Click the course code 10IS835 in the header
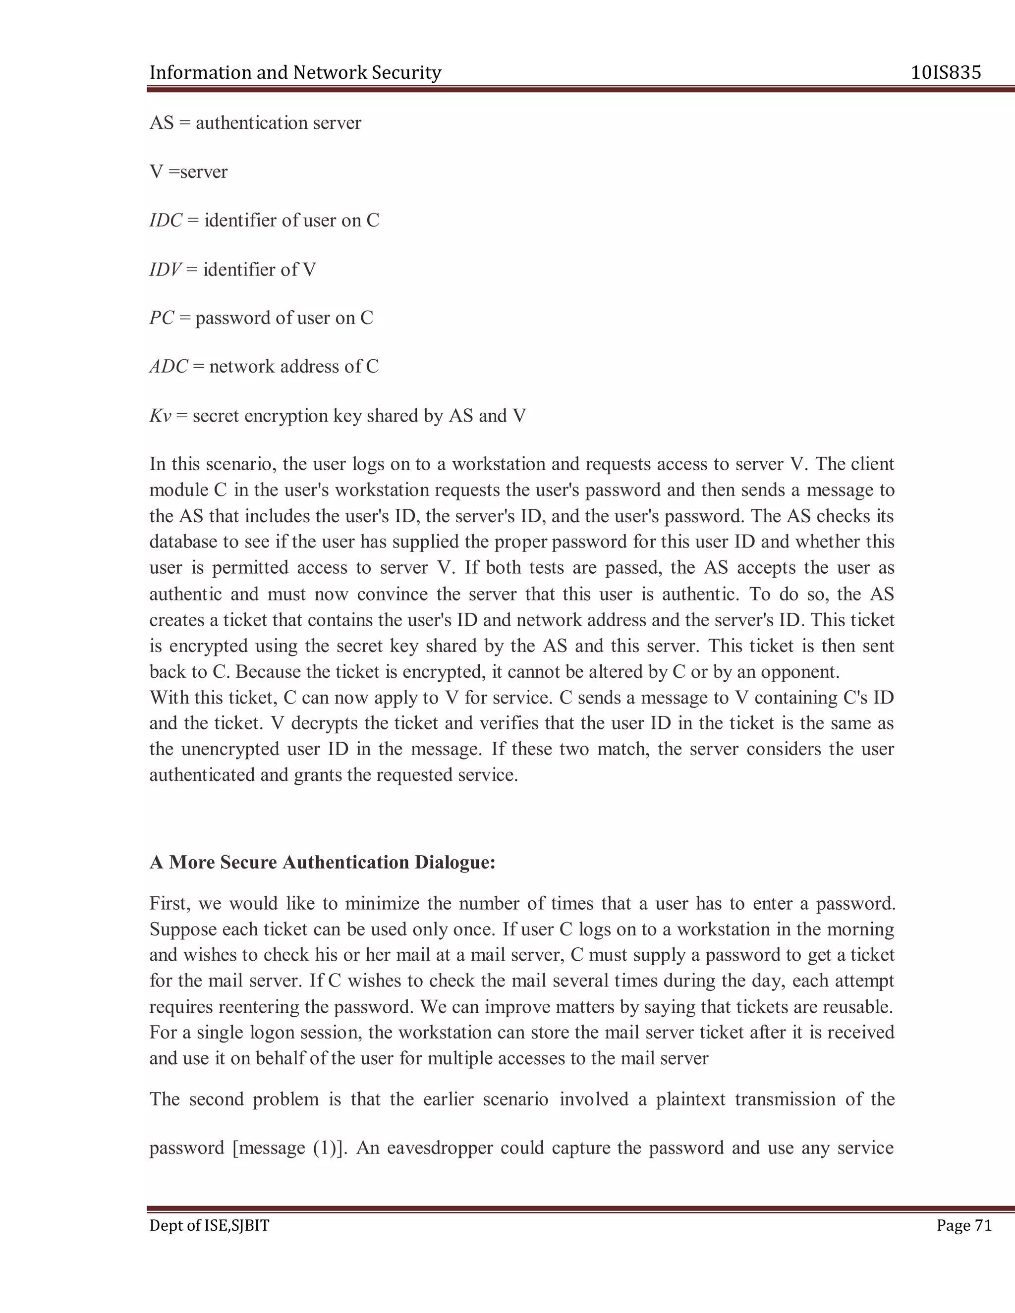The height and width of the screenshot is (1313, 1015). pos(946,73)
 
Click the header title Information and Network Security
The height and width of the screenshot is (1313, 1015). pos(295,73)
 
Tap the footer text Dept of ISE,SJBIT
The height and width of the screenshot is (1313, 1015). pos(209,1225)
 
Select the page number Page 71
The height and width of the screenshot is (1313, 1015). pos(964,1225)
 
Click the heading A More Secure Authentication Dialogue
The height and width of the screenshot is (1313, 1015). pos(322,862)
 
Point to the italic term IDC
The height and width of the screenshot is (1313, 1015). pos(166,220)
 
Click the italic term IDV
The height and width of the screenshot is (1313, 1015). pos(165,270)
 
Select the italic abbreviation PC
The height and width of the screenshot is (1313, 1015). pos(162,318)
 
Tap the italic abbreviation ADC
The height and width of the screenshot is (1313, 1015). pos(169,367)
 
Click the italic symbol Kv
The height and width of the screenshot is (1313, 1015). pos(160,416)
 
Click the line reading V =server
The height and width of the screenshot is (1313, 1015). pos(189,172)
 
